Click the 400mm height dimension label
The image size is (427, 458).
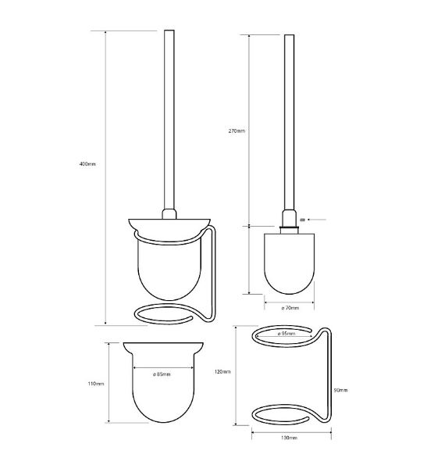(87, 164)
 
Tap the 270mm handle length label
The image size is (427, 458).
(237, 131)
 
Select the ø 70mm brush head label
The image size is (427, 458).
(290, 308)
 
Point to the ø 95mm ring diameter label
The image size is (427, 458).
(286, 333)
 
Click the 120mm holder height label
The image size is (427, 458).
(222, 372)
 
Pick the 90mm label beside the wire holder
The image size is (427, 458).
(340, 390)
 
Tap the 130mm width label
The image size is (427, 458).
(289, 438)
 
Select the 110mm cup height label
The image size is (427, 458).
(96, 384)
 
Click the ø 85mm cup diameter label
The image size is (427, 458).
(162, 374)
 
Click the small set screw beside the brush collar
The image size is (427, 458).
(302, 220)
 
